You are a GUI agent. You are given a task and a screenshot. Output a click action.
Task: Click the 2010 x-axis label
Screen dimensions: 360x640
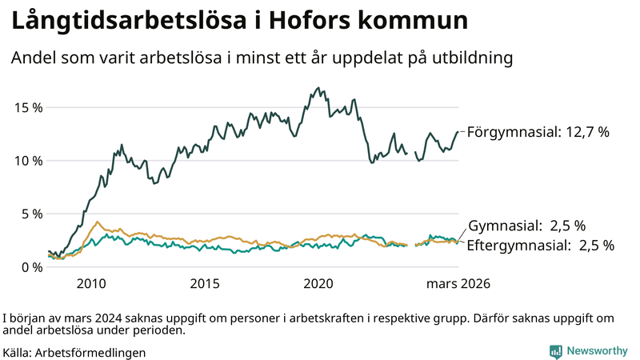click(x=91, y=283)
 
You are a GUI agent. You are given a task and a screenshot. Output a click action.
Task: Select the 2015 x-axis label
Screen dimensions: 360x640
click(x=205, y=283)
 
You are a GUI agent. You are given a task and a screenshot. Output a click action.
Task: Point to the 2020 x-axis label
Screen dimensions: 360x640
click(x=319, y=283)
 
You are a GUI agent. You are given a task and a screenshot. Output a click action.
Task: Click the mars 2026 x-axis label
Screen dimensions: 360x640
click(x=458, y=283)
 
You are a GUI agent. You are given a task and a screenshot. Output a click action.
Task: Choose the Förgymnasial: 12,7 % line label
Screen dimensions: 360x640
click(x=538, y=132)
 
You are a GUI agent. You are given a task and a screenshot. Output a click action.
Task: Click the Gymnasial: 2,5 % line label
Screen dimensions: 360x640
click(x=526, y=226)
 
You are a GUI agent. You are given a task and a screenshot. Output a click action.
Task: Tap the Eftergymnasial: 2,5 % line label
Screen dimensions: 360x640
click(x=540, y=246)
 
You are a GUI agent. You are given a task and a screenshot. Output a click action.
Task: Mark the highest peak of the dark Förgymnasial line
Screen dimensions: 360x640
click(x=318, y=88)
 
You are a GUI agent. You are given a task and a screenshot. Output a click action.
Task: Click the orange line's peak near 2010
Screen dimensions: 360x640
click(x=98, y=222)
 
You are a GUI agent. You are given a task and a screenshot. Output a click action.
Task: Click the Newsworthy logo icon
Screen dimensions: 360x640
click(x=555, y=351)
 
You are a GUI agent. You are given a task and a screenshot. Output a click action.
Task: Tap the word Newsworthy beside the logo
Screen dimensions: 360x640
click(x=597, y=351)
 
